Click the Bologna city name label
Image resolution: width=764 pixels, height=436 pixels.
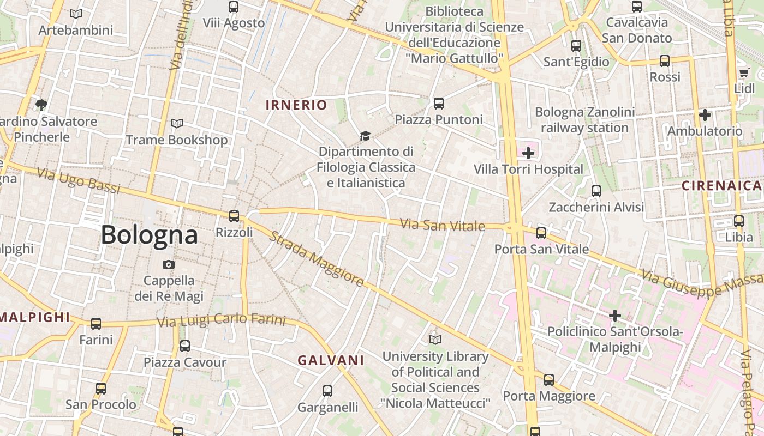pos(149,235)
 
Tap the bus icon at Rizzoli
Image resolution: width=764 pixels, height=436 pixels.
pos(234,216)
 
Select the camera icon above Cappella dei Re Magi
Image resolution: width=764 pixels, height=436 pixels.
pos(169,264)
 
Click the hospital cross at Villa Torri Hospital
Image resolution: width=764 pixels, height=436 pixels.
pos(528,153)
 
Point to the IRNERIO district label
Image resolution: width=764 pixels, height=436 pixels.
pos(296,105)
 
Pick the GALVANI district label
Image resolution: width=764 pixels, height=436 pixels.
pos(331,360)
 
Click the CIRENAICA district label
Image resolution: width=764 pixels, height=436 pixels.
pos(721,186)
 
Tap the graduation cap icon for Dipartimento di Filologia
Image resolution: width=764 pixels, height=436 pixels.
pos(365,136)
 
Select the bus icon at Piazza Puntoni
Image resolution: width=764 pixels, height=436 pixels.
pos(438,104)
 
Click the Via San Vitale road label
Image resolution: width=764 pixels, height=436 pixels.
pos(443,225)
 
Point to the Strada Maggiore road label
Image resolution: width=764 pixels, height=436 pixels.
pos(317,259)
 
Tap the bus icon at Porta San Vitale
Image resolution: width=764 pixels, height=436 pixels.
pos(541,233)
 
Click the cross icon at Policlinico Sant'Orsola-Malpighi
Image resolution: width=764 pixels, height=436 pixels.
pos(615,316)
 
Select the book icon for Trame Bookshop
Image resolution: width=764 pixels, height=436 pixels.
pos(176,124)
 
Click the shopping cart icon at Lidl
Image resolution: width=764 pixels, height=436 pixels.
pos(743,73)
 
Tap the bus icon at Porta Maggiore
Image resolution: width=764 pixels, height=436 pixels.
pos(549,380)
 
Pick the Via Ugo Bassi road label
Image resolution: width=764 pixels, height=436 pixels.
pos(79,181)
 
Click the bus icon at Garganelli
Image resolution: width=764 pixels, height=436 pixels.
pos(327,391)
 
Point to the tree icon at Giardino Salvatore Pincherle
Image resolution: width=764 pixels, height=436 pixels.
pos(41,105)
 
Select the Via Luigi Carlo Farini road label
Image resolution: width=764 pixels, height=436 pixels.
pos(221,320)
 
